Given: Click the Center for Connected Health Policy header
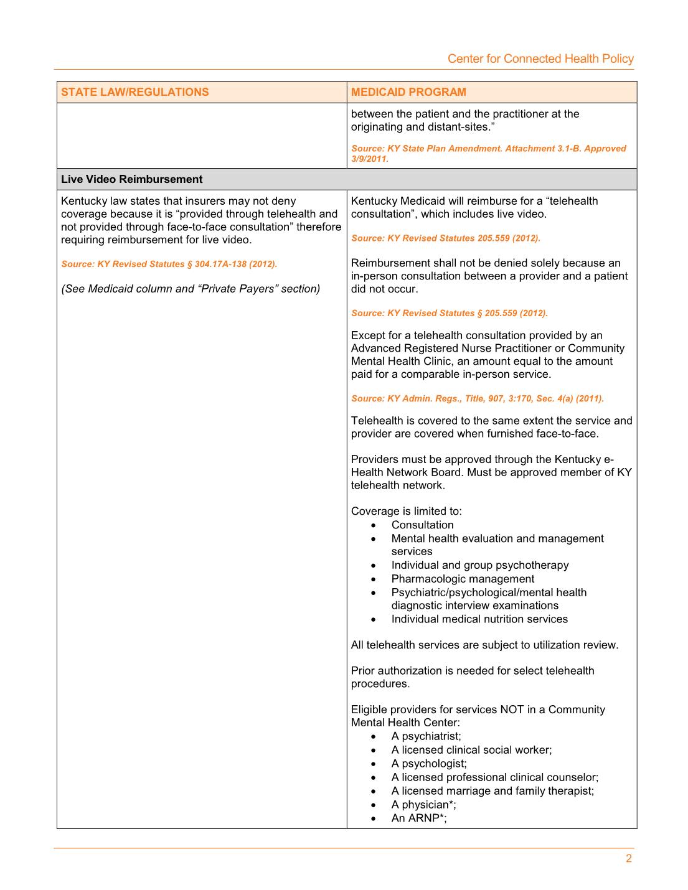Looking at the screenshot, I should click(540, 59).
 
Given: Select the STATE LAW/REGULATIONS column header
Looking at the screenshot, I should click(134, 92).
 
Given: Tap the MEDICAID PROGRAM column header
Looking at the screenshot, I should click(408, 92).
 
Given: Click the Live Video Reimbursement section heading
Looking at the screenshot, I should click(131, 179).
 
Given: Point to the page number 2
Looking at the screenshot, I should click(629, 859).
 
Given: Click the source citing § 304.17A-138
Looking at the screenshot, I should click(169, 264).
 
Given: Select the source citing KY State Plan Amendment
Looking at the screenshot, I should click(488, 153).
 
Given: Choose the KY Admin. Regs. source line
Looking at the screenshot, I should click(477, 398).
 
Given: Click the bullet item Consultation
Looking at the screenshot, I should click(422, 525).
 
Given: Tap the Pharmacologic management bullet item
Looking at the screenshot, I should click(463, 579).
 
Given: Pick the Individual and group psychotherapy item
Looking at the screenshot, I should click(479, 565).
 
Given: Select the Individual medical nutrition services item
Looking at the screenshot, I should click(479, 619).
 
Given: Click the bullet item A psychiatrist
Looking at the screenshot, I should click(426, 736).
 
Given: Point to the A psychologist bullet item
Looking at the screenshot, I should click(428, 764).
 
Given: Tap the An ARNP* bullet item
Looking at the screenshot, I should click(418, 818).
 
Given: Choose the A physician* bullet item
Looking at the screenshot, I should click(423, 805).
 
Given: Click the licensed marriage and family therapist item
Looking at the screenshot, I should click(492, 791).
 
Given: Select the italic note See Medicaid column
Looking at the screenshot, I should click(191, 289).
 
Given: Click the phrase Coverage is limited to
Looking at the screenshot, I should click(406, 511).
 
